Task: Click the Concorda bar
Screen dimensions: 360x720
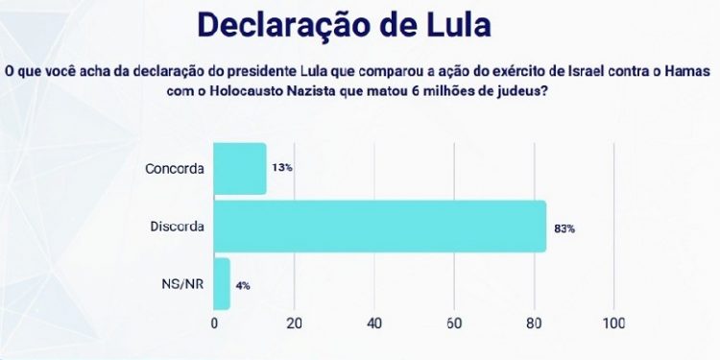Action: pos(239,168)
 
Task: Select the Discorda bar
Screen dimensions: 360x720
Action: pos(379,226)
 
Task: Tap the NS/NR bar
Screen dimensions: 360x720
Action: pos(222,284)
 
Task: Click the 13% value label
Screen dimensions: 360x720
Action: pos(281,168)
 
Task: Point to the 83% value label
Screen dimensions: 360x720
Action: pos(564,229)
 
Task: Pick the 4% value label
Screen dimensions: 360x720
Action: pos(244,286)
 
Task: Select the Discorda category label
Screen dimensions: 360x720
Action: pos(176,227)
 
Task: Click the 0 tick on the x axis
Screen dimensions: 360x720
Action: pos(214,324)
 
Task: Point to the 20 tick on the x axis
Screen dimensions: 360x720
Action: pos(295,324)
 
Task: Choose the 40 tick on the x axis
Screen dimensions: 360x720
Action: pos(374,324)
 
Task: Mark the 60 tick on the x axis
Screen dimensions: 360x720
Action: pos(454,324)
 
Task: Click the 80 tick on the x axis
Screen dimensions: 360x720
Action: pos(534,324)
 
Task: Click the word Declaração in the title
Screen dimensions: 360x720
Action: pos(279,26)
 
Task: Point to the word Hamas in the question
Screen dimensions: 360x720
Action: pos(689,70)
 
